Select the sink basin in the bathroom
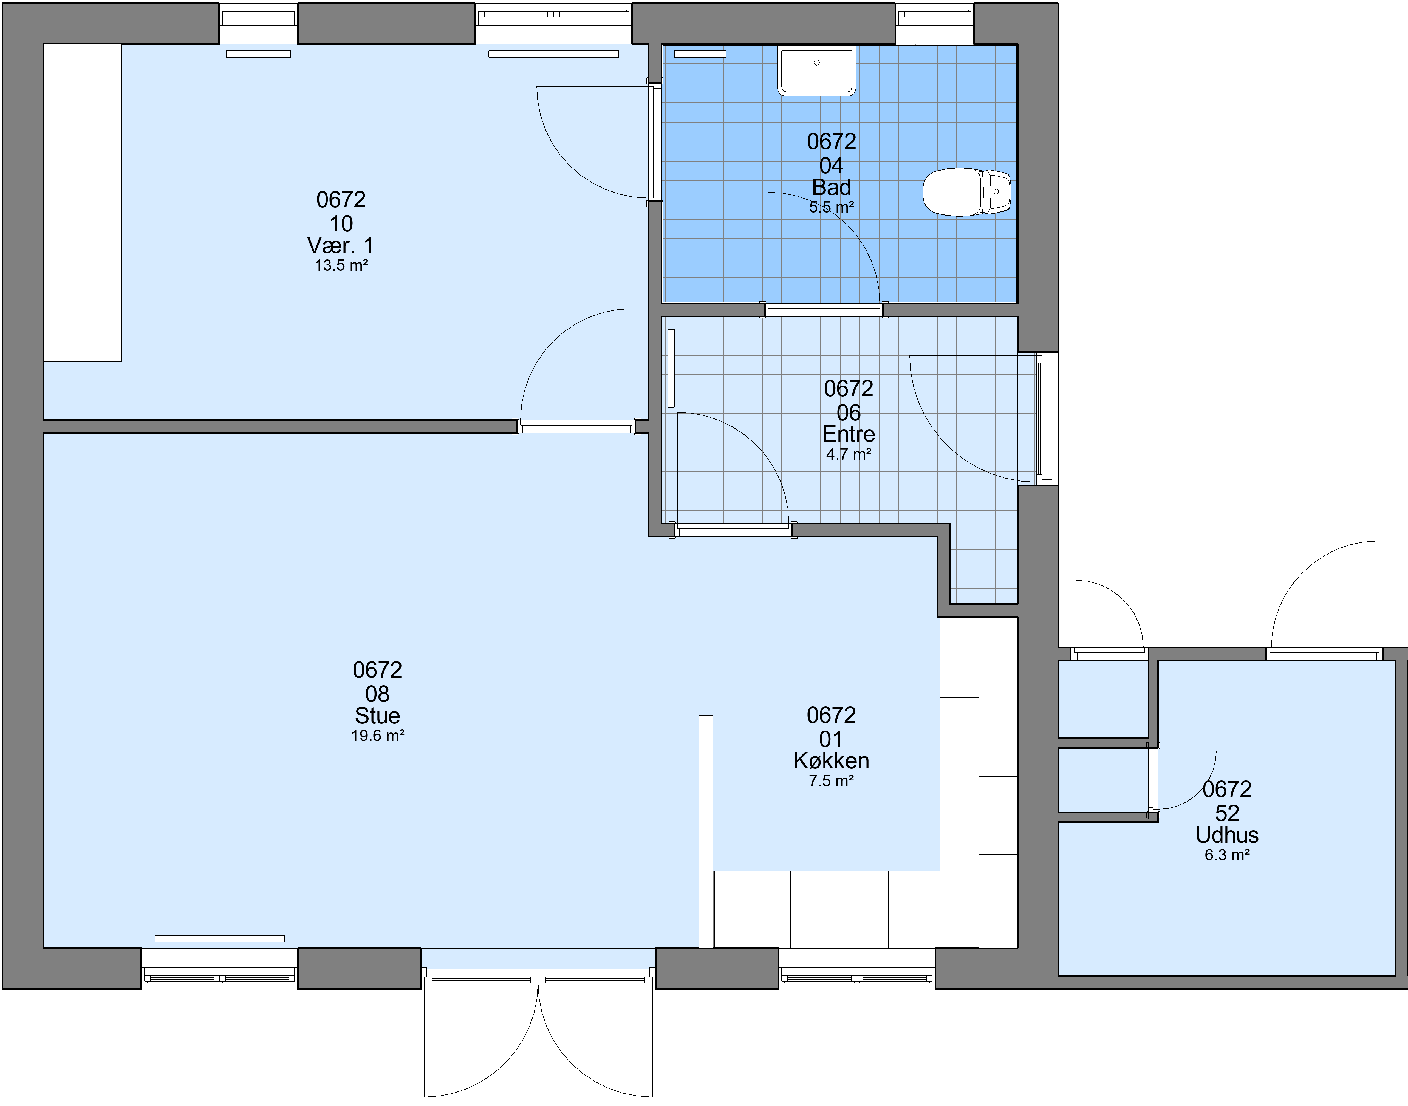[x=817, y=70]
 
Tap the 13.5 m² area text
[x=341, y=265]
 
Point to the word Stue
[x=378, y=715]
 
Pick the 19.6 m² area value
[x=378, y=736]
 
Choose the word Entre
[x=849, y=434]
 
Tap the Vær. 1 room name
[x=341, y=245]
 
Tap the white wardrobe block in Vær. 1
[x=82, y=203]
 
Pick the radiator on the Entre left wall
[x=671, y=368]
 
